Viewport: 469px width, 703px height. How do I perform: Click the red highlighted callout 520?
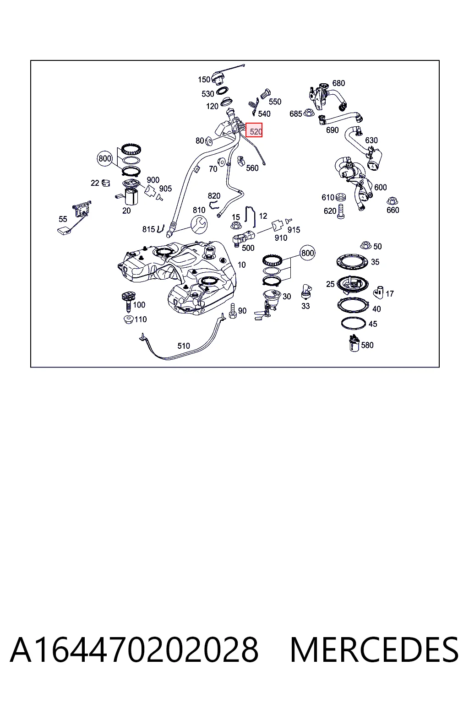254,130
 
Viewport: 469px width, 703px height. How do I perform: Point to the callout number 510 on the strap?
184,346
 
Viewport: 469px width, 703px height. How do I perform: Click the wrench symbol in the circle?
199,224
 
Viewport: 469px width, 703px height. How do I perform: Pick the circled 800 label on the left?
105,158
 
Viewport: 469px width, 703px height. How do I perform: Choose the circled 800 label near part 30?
307,253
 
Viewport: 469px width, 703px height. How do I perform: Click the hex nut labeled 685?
309,112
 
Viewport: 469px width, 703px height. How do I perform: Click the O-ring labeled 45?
354,323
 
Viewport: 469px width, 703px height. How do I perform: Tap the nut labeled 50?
365,245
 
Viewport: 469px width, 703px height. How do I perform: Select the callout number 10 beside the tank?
241,265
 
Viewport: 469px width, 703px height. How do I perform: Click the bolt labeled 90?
233,311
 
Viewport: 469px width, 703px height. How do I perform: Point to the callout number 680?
338,83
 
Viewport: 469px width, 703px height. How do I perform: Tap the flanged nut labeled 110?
129,320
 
